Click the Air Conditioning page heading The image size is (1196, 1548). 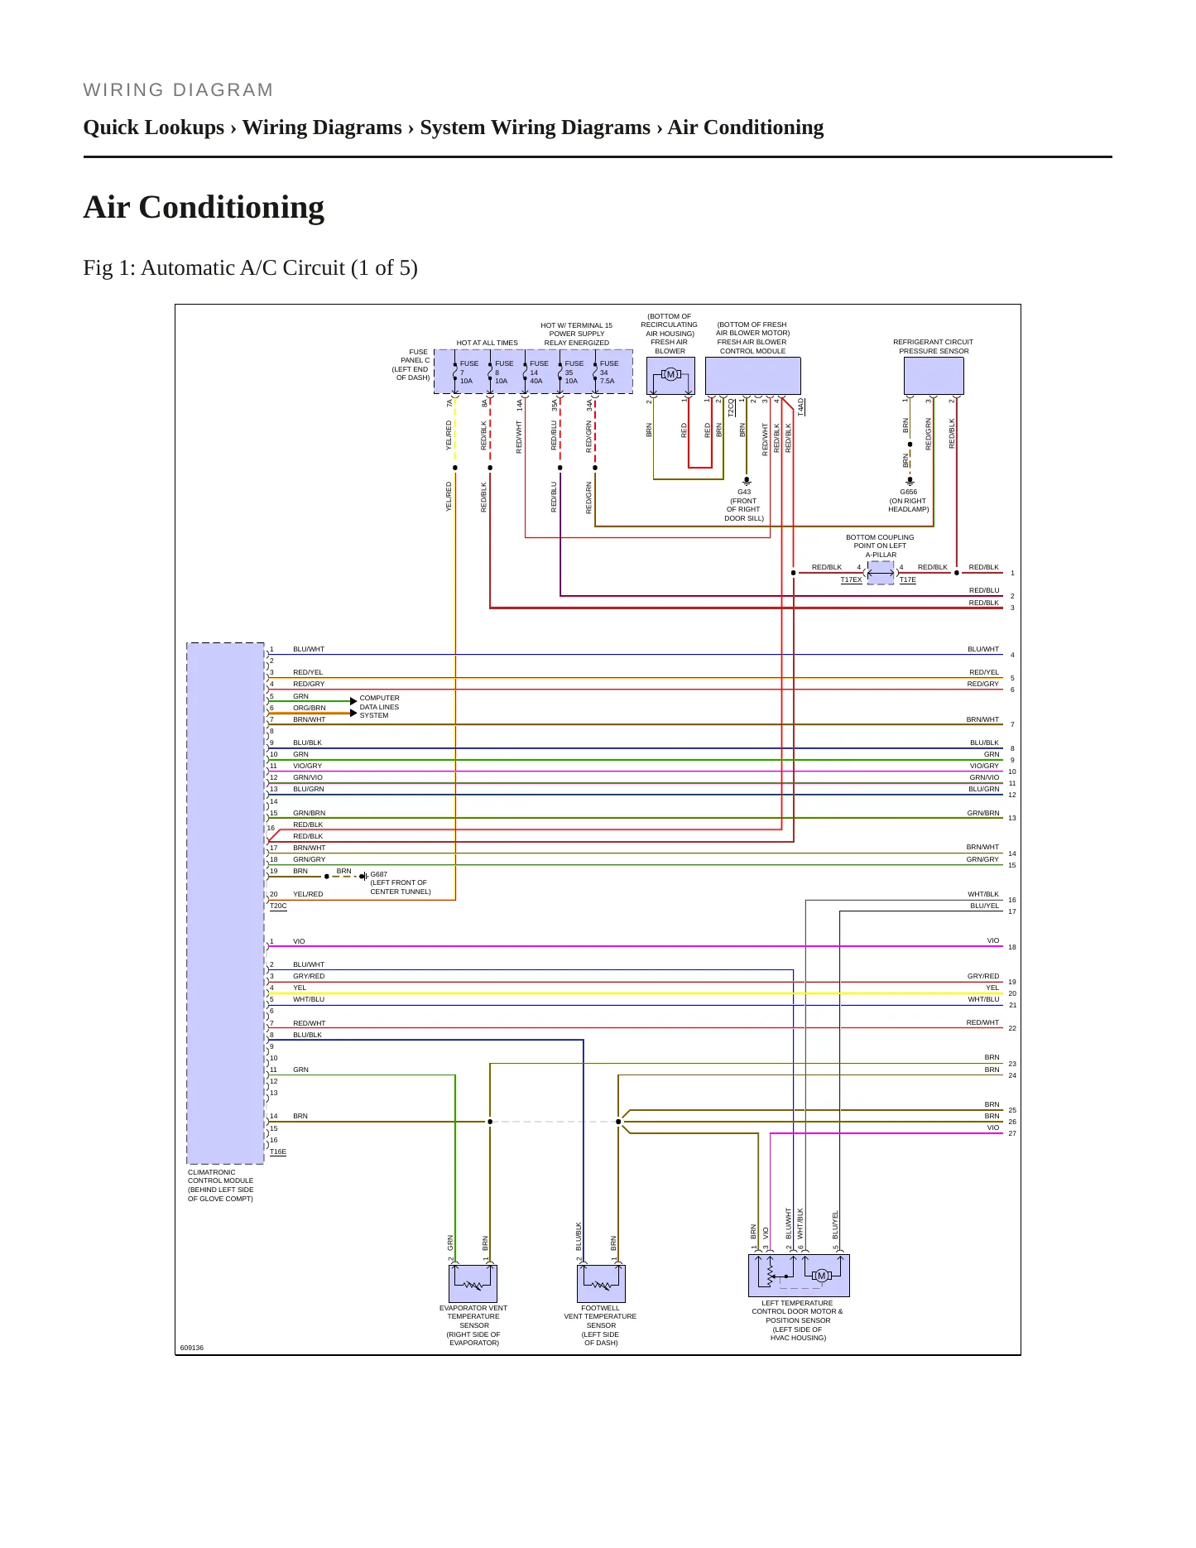point(204,208)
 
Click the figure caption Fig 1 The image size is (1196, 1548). point(250,268)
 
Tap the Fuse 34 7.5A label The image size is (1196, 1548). point(608,373)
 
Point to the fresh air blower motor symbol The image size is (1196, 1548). point(670,375)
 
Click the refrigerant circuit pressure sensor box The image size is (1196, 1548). point(934,376)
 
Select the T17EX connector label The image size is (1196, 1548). point(851,580)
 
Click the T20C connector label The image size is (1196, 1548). point(278,906)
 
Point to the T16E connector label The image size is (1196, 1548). point(278,1152)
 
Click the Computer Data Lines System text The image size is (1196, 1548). point(379,707)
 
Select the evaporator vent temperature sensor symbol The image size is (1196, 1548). point(473,1284)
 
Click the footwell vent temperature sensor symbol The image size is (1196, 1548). point(602,1284)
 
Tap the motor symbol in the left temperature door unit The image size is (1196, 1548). point(821,1276)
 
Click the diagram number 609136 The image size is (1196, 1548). point(192,1348)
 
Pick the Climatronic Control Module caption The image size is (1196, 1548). point(221,1185)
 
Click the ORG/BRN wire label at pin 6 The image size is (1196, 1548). point(310,708)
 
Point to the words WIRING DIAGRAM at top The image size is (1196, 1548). point(178,90)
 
